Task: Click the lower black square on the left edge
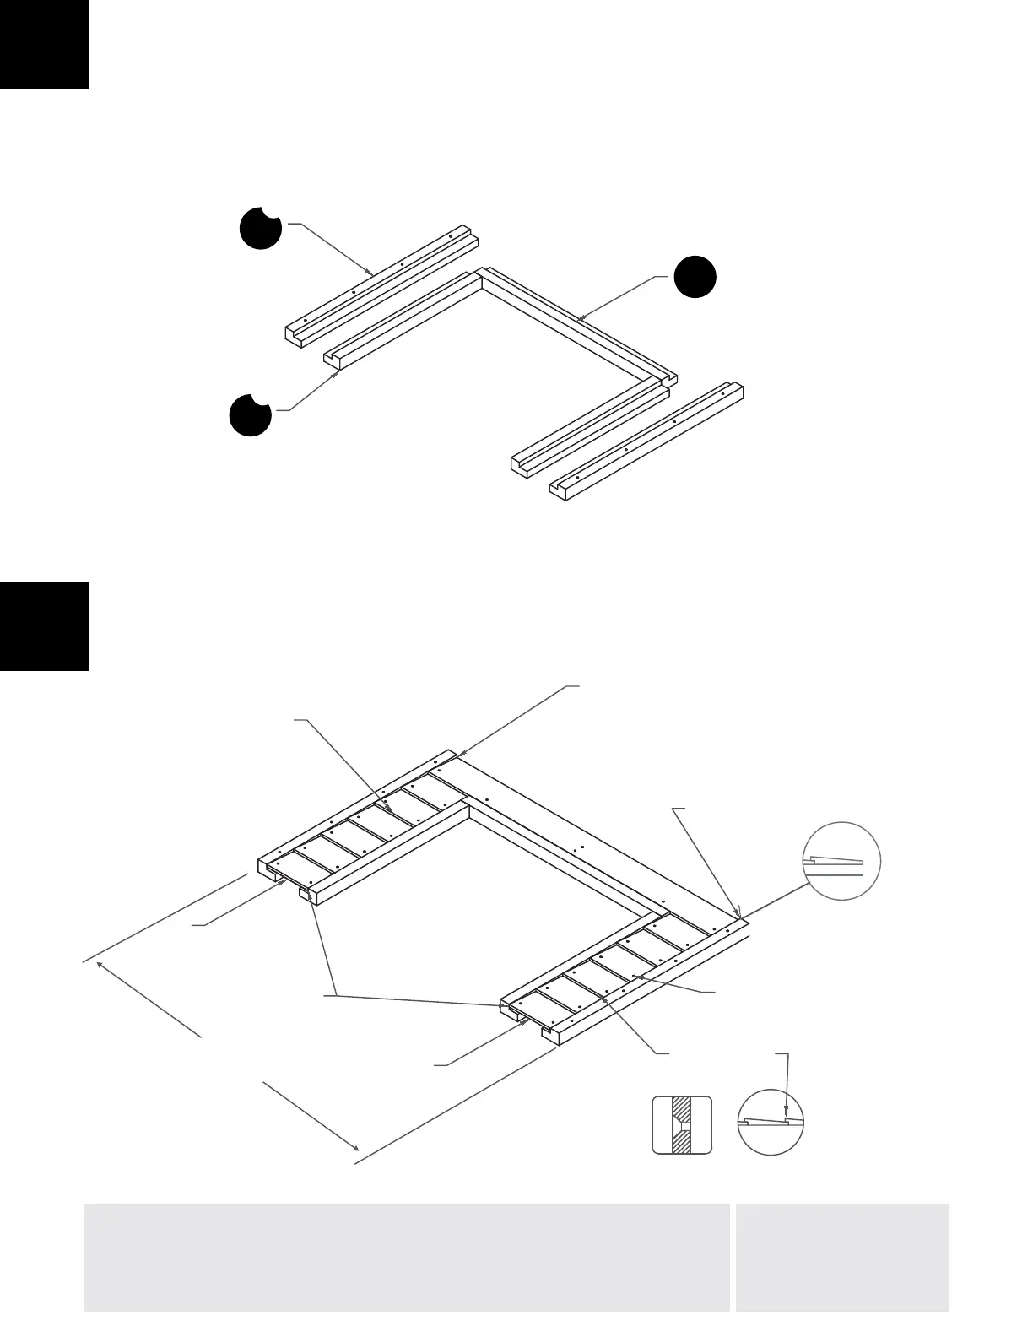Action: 44,626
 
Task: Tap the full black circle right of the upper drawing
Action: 694,276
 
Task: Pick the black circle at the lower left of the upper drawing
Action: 251,414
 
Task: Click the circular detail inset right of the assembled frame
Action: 841,861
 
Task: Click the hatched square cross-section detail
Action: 682,1124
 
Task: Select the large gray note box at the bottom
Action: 406,1257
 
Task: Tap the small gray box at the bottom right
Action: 842,1257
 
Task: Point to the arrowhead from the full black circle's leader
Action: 581,320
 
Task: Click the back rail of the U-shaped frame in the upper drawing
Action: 578,323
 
